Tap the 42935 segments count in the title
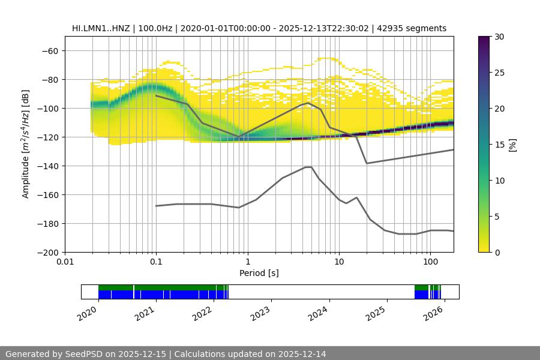click(416, 28)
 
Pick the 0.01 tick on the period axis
click(65, 262)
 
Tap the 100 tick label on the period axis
click(430, 262)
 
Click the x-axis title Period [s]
click(259, 273)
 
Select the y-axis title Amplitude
click(26, 144)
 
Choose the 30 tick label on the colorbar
click(499, 37)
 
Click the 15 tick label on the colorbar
click(499, 145)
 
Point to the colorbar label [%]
click(512, 145)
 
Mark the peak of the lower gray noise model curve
click(308, 167)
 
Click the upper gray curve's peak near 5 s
click(308, 103)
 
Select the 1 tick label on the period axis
click(247, 262)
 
